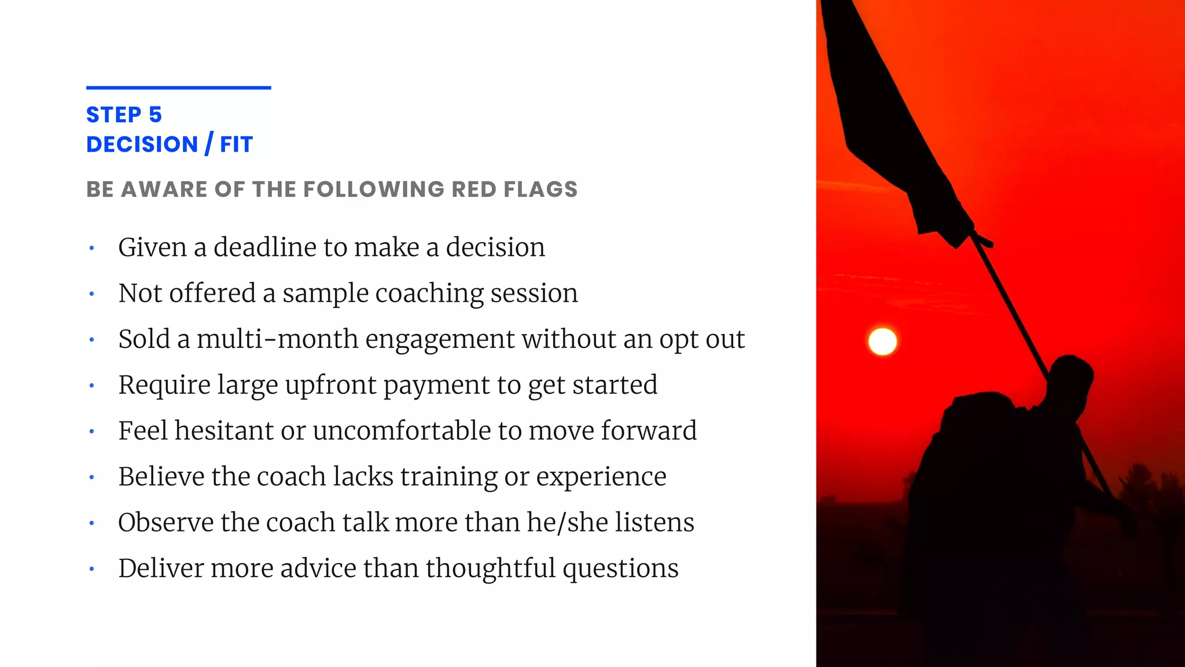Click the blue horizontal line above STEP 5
pyautogui.click(x=178, y=88)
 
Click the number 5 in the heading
pyautogui.click(x=155, y=115)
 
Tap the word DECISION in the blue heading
pyautogui.click(x=142, y=144)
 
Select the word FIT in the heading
pyautogui.click(x=237, y=144)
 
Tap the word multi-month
pyautogui.click(x=277, y=339)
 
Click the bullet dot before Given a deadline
pyautogui.click(x=91, y=248)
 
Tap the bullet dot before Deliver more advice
pyautogui.click(x=91, y=569)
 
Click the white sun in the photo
pyautogui.click(x=882, y=341)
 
